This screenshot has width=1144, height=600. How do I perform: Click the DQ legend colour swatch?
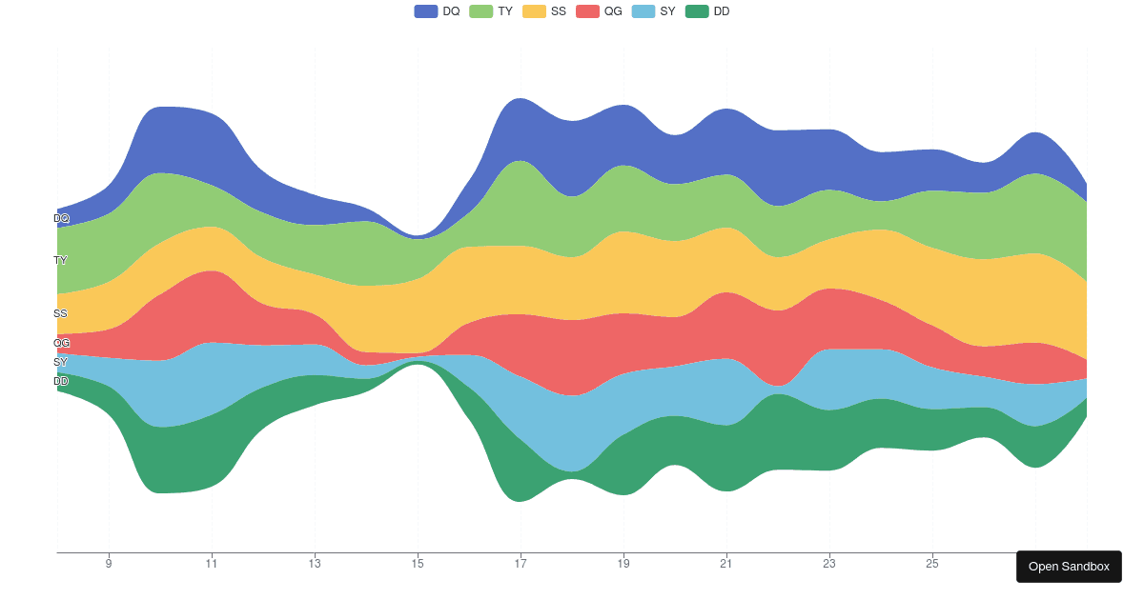(x=425, y=11)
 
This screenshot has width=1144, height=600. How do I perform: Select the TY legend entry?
(x=491, y=11)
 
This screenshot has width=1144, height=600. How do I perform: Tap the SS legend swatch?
(x=534, y=11)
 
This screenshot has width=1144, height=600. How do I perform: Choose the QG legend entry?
(x=599, y=11)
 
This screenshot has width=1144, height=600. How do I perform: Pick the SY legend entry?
(x=653, y=11)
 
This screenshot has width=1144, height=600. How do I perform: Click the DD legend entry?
(x=707, y=11)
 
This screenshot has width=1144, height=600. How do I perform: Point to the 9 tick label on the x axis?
(x=109, y=564)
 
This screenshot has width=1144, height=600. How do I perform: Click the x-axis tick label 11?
(x=212, y=564)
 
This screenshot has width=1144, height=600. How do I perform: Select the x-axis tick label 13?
(x=315, y=564)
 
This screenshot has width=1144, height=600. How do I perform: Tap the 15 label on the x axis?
(x=418, y=564)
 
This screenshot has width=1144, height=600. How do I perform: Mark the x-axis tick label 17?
(x=521, y=564)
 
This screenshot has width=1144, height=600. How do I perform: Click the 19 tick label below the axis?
(x=623, y=564)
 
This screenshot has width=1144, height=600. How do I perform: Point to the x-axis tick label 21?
(x=726, y=564)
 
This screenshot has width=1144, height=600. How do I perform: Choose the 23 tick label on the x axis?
(x=829, y=564)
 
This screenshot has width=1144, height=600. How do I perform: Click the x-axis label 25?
(x=932, y=564)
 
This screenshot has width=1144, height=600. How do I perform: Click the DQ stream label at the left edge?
(x=61, y=218)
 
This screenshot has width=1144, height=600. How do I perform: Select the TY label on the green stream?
(x=60, y=260)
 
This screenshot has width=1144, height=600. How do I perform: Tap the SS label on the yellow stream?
(x=60, y=313)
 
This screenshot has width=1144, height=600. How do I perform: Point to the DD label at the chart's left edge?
(x=61, y=381)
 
